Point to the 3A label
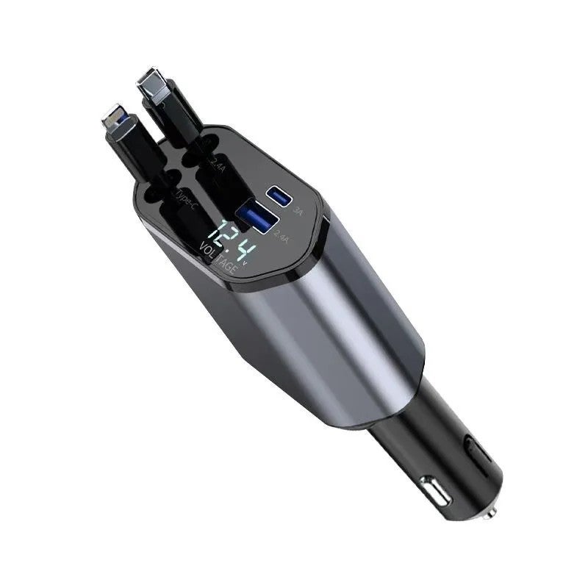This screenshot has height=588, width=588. point(298,209)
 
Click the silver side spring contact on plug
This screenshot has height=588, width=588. point(433,492)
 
